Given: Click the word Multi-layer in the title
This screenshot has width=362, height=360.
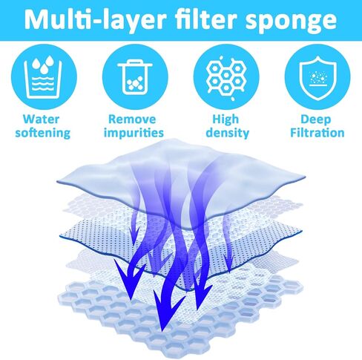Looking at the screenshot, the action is click(96, 19).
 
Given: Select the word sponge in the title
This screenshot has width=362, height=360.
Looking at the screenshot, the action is click(291, 22).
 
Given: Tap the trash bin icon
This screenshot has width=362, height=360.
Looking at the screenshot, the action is click(135, 77).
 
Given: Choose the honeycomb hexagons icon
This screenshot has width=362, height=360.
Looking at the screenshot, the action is click(226, 77).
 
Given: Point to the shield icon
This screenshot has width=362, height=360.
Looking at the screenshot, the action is click(317, 78).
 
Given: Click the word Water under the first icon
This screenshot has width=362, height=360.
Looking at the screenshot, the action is click(41, 120).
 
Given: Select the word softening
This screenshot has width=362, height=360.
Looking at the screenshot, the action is click(43, 133).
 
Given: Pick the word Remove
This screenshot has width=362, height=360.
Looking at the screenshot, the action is click(132, 120).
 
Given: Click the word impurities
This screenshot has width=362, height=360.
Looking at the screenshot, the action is click(134, 133).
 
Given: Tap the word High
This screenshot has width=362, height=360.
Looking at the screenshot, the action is click(226, 120).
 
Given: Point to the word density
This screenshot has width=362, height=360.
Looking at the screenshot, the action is click(228, 133).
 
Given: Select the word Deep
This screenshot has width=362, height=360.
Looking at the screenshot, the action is click(316, 120).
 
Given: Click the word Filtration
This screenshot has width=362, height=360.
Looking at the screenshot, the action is click(317, 133).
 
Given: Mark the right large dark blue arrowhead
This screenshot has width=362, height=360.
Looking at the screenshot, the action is click(201, 295).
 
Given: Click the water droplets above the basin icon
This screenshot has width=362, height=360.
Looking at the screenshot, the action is click(43, 65).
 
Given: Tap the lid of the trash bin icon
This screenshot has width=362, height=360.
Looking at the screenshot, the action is click(135, 64).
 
